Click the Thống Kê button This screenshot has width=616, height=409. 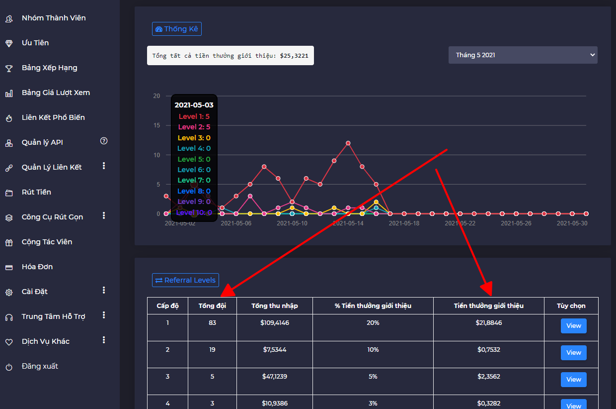(x=177, y=29)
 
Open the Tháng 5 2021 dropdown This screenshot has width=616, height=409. (x=523, y=55)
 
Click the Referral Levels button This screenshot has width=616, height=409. (x=185, y=280)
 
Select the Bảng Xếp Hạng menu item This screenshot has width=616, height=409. (x=49, y=68)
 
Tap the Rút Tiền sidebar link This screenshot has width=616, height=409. (x=36, y=192)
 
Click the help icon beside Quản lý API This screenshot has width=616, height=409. (x=104, y=141)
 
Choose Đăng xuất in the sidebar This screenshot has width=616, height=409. (x=40, y=366)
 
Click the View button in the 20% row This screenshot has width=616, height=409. (x=573, y=326)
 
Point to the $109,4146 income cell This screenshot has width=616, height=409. (x=275, y=323)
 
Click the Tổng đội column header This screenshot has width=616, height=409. (x=212, y=306)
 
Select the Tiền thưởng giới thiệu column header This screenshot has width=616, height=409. (x=488, y=306)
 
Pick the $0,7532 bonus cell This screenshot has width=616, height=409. (x=488, y=350)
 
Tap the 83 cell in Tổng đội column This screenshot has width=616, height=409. (x=212, y=323)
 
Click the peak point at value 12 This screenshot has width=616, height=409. (x=348, y=143)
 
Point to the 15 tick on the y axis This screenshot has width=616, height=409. (x=156, y=125)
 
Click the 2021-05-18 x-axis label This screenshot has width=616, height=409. (x=404, y=223)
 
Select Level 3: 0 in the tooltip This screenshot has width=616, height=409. (x=194, y=138)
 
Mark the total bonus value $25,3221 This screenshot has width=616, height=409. (x=294, y=56)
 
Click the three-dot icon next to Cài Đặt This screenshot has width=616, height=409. (x=104, y=290)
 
